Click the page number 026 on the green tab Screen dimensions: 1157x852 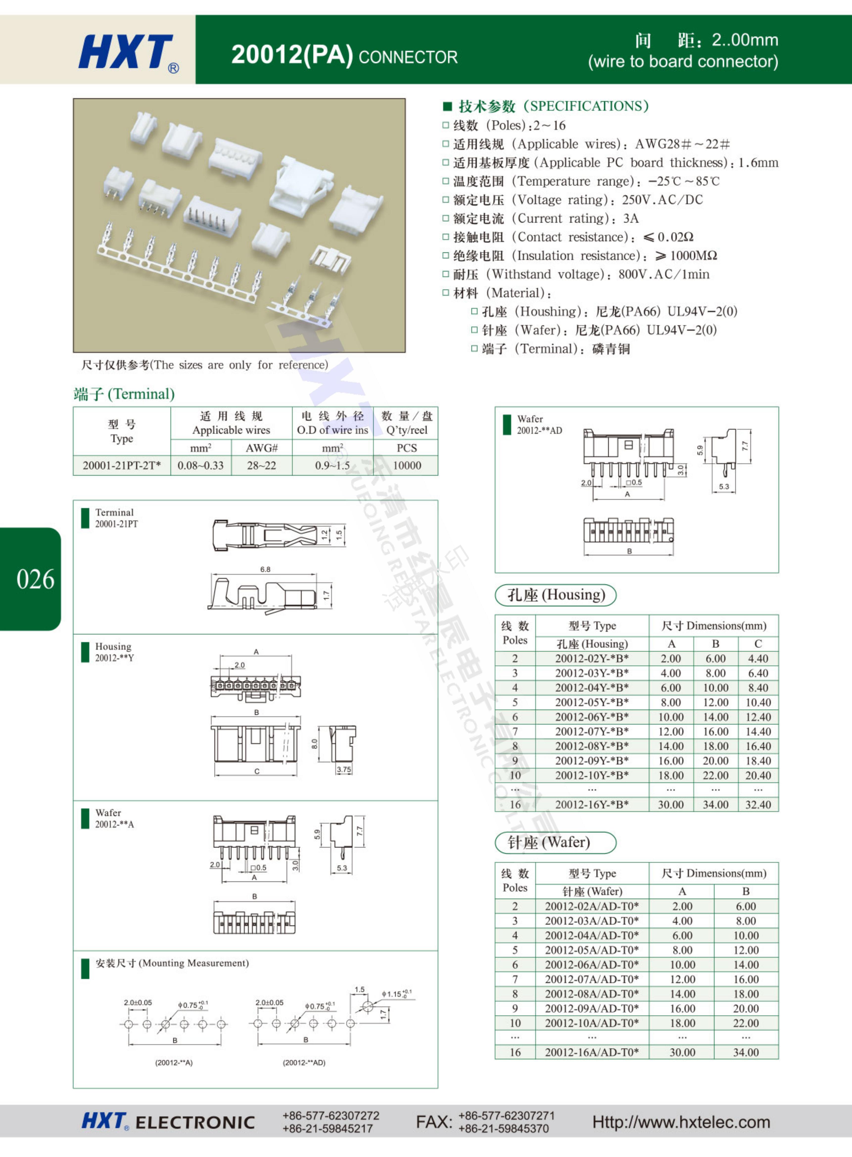[35, 579]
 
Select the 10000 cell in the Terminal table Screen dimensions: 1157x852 [407, 465]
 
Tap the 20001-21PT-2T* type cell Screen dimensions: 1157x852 [122, 465]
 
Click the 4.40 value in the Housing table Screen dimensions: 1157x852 [757, 659]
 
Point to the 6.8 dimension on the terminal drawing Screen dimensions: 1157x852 [265, 569]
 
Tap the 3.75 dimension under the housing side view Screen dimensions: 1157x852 [343, 770]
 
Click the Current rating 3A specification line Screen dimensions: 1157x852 [541, 219]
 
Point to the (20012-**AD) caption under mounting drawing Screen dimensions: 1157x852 [304, 1063]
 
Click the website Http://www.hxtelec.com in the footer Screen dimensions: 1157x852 [681, 1122]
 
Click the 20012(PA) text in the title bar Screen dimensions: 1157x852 [292, 55]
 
